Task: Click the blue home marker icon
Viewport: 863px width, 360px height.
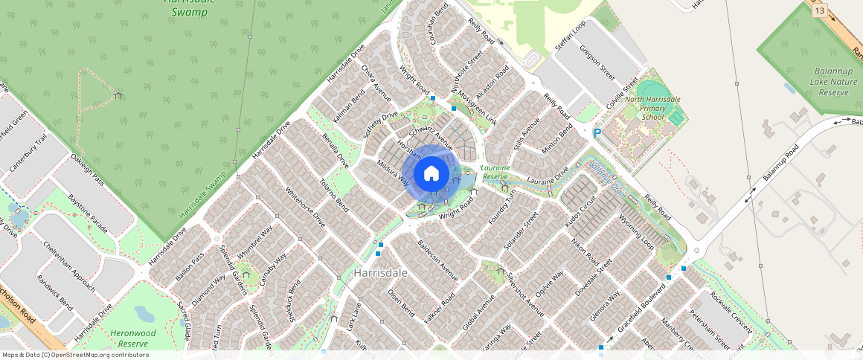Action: click(431, 174)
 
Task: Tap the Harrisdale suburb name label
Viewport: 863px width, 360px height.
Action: click(381, 273)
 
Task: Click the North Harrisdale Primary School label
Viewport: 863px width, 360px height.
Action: click(652, 108)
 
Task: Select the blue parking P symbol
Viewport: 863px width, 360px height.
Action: click(597, 133)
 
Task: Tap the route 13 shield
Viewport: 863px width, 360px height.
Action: click(819, 10)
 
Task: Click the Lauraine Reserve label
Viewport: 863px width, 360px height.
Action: click(495, 173)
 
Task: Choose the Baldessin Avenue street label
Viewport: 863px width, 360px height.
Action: click(437, 260)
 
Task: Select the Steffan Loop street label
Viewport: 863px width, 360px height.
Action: click(571, 36)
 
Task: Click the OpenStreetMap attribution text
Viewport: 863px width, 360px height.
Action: click(74, 355)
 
